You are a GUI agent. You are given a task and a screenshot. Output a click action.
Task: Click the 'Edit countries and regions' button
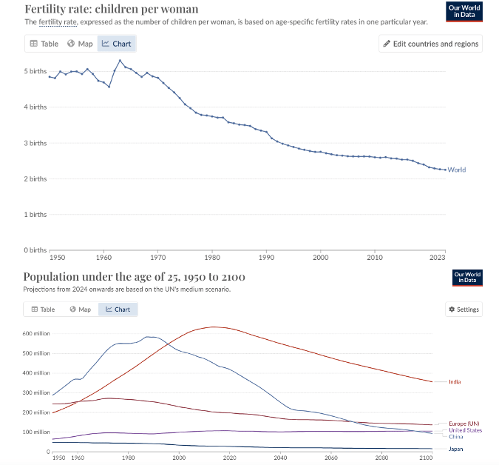click(x=430, y=44)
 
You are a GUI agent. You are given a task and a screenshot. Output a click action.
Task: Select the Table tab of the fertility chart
click(x=44, y=44)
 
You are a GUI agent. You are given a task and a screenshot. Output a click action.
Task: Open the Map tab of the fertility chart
click(x=80, y=44)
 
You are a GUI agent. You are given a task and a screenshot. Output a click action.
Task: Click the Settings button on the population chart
click(x=464, y=309)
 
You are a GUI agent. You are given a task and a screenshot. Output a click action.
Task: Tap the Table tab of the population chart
click(x=44, y=309)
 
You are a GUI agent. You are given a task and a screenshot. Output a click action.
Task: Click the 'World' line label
click(x=457, y=170)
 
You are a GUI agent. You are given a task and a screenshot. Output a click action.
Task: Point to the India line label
click(x=455, y=381)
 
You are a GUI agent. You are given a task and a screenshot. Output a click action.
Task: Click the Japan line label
click(x=457, y=449)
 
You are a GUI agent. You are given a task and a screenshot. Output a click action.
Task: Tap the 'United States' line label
click(x=465, y=430)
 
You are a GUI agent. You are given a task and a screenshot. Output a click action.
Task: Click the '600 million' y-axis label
click(x=37, y=334)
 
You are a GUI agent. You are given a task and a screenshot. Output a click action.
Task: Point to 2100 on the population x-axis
click(x=427, y=458)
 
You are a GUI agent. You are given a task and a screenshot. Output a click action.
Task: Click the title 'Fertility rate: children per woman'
click(x=111, y=9)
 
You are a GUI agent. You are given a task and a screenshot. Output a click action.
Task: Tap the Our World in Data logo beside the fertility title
click(x=465, y=11)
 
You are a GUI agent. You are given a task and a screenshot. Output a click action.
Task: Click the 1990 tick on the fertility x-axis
click(x=266, y=258)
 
